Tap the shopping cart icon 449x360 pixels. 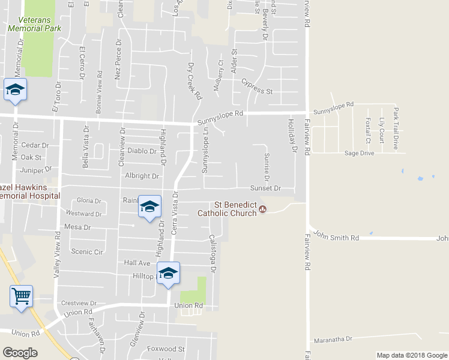[x=21, y=296]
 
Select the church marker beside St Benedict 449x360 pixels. [x=263, y=209]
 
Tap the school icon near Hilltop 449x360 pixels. [x=169, y=273]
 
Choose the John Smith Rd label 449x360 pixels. [x=336, y=238]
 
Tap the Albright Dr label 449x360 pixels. [x=142, y=176]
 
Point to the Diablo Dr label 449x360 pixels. [x=142, y=151]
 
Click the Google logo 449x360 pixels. [x=20, y=353]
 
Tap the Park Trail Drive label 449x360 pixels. [x=396, y=128]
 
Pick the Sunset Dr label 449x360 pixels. [x=265, y=188]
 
